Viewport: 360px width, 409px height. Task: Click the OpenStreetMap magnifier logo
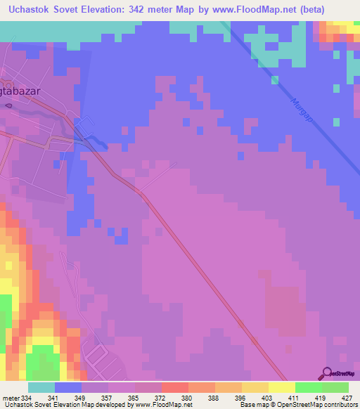pos(327,373)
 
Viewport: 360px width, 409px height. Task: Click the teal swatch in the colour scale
pos(41,387)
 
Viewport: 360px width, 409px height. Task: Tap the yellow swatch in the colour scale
pos(281,387)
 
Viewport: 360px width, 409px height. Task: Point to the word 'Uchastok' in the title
pos(33,11)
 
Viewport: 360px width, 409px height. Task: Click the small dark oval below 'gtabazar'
pos(8,105)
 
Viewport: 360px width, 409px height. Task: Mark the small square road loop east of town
pos(84,126)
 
